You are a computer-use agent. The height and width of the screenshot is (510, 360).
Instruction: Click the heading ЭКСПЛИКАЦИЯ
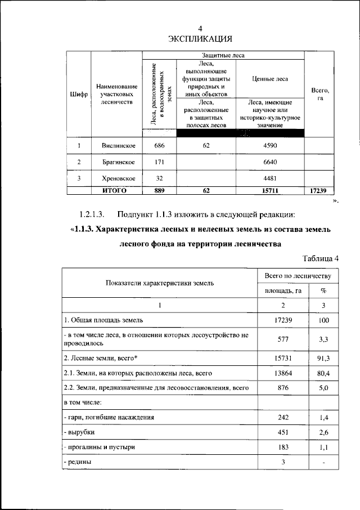(x=201, y=39)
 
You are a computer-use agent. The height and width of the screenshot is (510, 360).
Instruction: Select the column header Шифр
(x=79, y=94)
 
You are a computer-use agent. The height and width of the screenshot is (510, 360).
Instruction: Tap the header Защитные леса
(x=223, y=56)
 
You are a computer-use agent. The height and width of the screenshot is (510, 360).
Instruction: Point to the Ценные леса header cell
(x=269, y=79)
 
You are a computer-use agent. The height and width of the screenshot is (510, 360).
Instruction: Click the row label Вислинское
(x=116, y=146)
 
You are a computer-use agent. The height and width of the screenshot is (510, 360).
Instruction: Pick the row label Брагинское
(x=116, y=163)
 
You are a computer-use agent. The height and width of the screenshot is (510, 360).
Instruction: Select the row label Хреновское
(x=116, y=178)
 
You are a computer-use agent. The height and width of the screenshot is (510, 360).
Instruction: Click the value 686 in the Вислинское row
(x=159, y=146)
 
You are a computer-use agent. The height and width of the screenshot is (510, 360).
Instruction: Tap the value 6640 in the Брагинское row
(x=269, y=163)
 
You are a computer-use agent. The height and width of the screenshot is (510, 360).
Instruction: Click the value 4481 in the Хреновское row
(x=269, y=178)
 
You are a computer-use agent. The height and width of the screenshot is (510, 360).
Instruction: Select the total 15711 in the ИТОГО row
(x=269, y=191)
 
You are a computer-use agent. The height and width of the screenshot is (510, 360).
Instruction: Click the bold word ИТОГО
(x=116, y=191)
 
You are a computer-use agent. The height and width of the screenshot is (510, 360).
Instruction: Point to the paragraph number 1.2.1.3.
(x=92, y=214)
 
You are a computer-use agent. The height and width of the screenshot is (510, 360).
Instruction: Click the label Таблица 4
(x=321, y=259)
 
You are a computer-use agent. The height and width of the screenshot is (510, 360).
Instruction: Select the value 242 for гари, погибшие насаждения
(x=283, y=417)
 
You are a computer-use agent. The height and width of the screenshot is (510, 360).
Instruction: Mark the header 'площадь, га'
(x=283, y=290)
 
